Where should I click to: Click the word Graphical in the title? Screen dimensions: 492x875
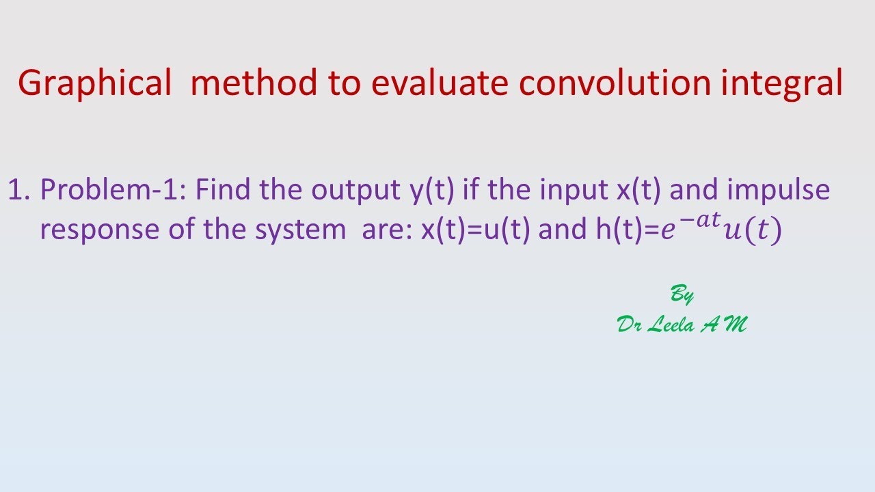(94, 83)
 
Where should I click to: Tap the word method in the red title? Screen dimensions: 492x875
(254, 83)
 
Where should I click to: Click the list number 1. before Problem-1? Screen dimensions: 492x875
(19, 189)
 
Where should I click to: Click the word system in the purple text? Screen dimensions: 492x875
(300, 230)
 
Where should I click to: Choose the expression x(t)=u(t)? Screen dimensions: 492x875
(476, 230)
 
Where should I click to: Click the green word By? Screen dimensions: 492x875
(682, 295)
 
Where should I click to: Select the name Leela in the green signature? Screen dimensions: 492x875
(670, 325)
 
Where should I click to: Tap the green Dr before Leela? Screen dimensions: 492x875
(629, 325)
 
